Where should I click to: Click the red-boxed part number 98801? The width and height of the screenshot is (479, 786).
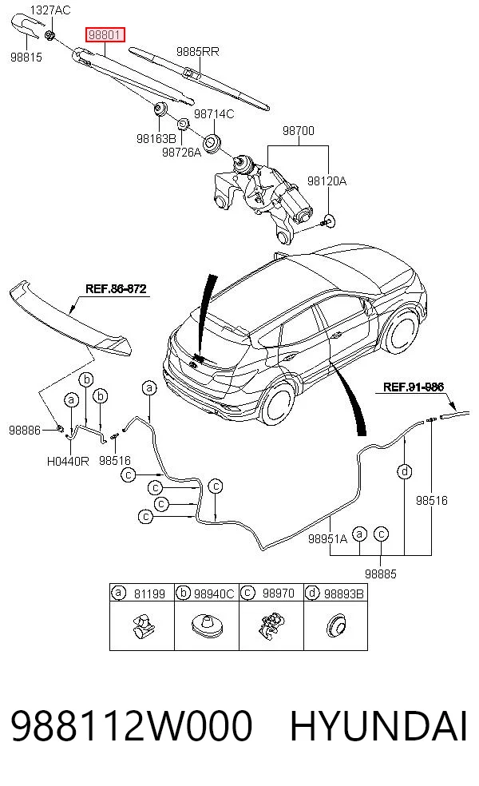105,35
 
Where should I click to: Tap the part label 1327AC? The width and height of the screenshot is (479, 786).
50,10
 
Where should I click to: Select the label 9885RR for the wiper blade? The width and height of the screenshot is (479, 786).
197,52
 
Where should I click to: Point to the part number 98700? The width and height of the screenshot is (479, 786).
299,131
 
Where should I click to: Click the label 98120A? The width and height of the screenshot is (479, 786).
327,181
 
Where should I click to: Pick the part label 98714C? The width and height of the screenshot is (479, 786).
214,114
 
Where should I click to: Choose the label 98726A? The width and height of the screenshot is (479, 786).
181,152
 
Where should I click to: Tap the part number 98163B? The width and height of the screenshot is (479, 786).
156,138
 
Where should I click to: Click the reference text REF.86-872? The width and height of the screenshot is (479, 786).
116,288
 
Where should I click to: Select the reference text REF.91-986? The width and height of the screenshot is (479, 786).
414,387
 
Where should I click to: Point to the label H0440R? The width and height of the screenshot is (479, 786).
68,461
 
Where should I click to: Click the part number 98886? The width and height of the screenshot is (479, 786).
25,430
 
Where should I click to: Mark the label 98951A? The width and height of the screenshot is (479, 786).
327,539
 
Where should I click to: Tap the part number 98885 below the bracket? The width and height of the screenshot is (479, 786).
381,574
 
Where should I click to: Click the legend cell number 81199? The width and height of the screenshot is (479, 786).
149,594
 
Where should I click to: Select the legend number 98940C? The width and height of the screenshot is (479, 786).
214,594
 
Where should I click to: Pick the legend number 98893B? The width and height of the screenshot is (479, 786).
344,594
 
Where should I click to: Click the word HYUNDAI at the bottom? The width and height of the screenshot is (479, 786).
378,726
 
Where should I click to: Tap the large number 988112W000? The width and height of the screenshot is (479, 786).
131,726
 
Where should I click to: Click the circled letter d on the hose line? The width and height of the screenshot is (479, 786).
404,472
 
